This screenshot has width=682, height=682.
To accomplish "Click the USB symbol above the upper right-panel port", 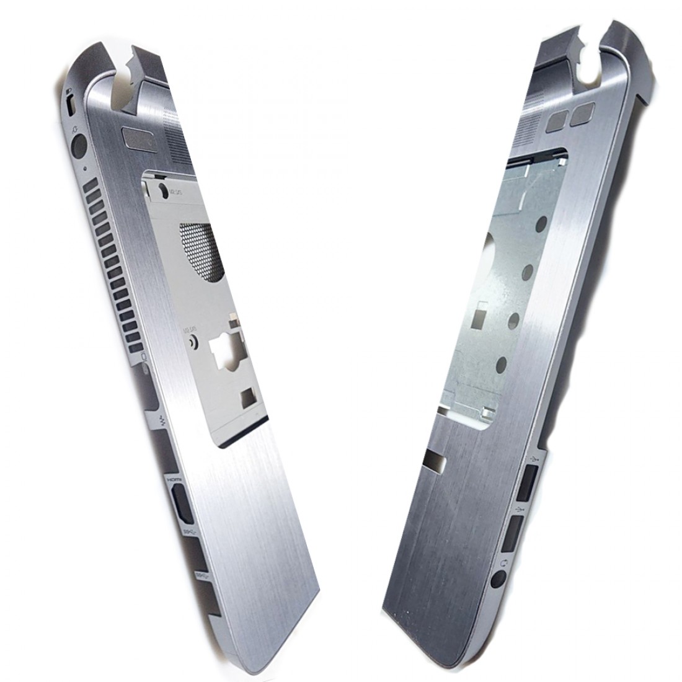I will (534, 459).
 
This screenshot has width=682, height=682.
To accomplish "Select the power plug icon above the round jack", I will (74, 129).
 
